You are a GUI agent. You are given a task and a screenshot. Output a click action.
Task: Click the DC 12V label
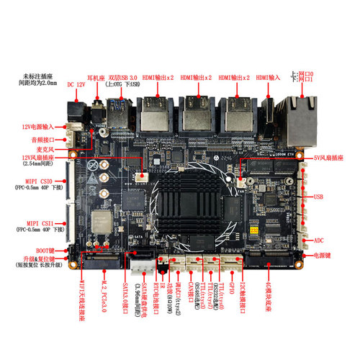click(x=76, y=84)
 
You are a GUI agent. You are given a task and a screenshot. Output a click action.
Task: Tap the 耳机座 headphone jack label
click(x=96, y=77)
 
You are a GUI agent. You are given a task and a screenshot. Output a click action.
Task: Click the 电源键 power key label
click(x=330, y=255)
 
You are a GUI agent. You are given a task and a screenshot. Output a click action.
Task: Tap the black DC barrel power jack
click(x=75, y=110)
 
